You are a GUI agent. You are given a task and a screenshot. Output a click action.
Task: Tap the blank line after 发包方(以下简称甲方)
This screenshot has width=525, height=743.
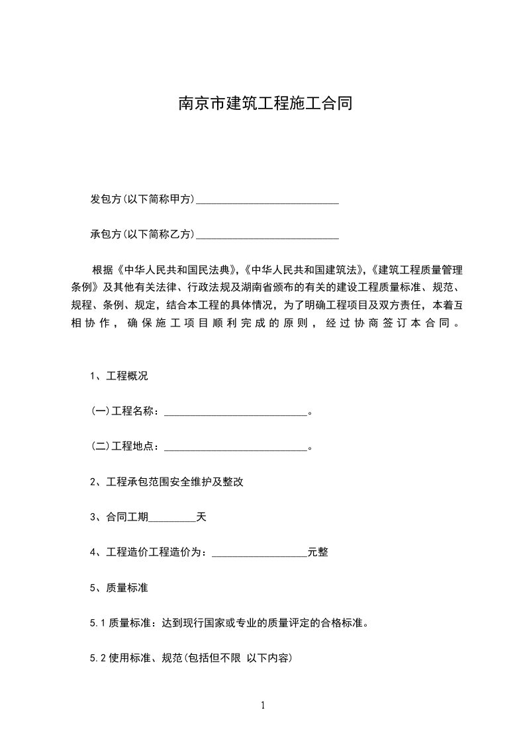point(267,200)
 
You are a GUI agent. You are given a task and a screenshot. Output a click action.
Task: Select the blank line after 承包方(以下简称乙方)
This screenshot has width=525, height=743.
point(267,234)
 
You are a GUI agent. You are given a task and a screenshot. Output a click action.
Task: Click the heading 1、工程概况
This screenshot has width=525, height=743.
point(119,376)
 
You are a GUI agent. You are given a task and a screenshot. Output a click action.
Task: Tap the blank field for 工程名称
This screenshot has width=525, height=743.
point(236,412)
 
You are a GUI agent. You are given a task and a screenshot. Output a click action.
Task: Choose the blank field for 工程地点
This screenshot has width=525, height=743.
point(236,446)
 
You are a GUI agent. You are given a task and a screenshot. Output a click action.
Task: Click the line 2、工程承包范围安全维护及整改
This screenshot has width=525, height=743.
point(167,481)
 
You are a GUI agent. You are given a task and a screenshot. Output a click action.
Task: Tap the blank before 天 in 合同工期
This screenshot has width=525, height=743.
point(172,518)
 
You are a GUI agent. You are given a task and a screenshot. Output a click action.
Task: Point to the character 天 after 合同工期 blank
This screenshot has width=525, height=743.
point(201,517)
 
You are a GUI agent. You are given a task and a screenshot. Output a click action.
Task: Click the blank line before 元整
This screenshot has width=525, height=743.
point(260,553)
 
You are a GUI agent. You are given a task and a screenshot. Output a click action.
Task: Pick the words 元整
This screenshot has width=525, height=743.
point(318,552)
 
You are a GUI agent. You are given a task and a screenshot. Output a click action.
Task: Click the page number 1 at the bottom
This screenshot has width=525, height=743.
point(263,705)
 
